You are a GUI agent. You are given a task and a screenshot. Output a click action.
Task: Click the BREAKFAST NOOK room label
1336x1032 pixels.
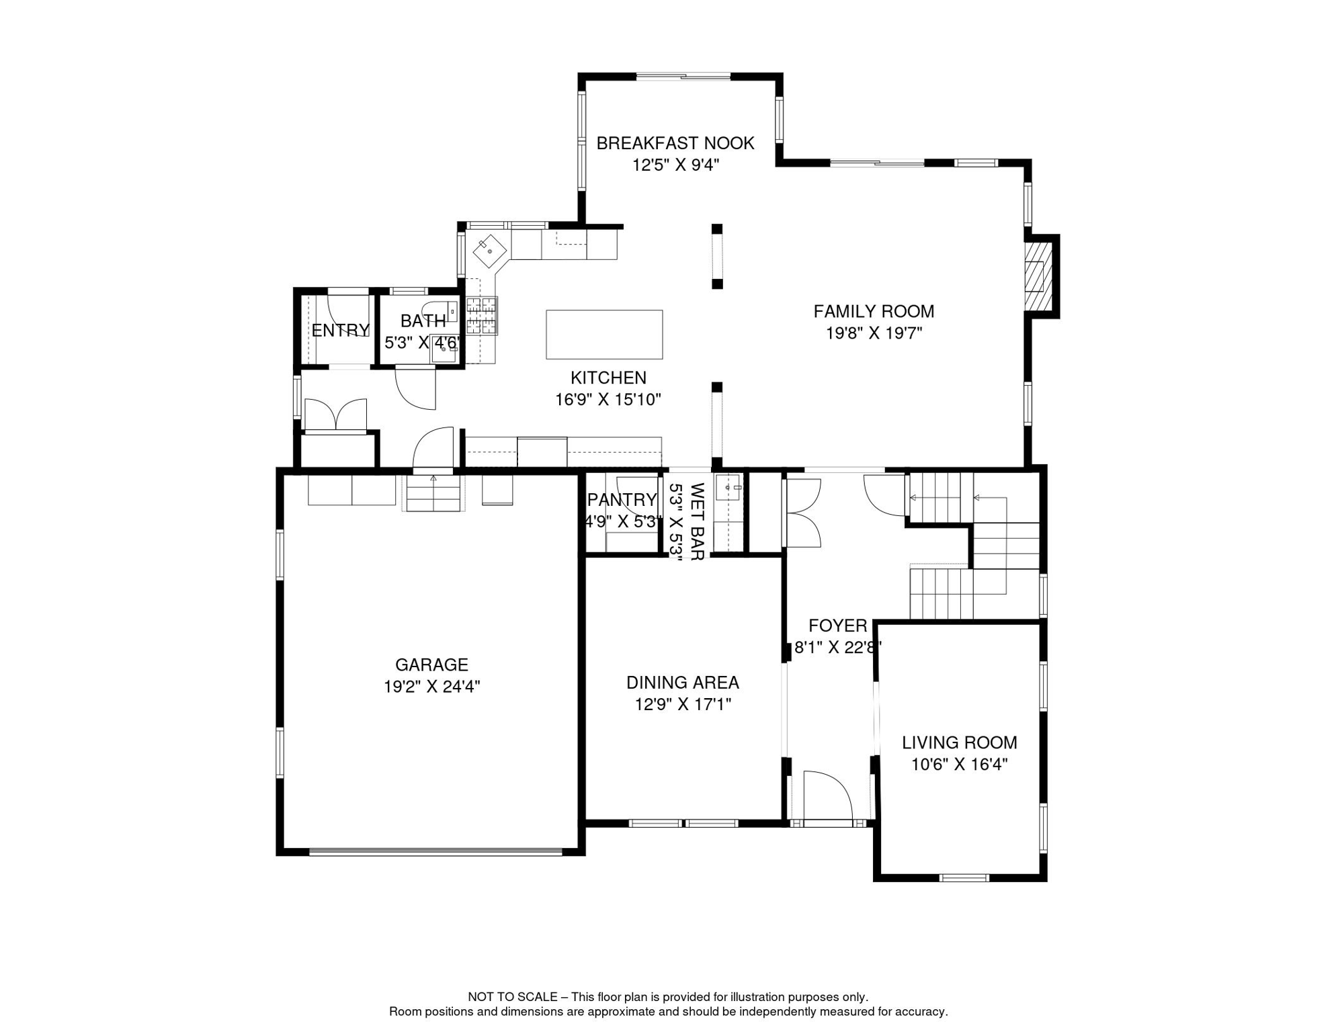click(675, 143)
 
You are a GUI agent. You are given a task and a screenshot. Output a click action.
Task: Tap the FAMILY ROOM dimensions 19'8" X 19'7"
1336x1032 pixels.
click(874, 333)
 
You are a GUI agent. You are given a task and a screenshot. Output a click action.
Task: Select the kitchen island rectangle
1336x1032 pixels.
click(604, 335)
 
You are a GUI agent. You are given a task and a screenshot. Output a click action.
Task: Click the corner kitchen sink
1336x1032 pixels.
click(490, 251)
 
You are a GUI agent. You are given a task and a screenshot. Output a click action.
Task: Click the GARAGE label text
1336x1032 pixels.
click(431, 665)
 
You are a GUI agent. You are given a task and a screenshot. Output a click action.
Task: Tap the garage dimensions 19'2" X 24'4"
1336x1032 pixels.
click(431, 687)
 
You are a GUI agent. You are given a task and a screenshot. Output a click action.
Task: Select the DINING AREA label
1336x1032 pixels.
click(683, 683)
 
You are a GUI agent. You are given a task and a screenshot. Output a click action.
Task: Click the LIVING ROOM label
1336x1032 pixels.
click(960, 742)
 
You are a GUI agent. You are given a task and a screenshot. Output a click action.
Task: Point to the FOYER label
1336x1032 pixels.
click(838, 626)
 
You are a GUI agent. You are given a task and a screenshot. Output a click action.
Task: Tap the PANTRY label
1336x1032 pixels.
click(622, 500)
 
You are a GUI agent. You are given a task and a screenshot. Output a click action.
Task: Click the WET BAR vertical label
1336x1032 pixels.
click(697, 521)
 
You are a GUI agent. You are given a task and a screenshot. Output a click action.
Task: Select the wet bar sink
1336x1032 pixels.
click(728, 487)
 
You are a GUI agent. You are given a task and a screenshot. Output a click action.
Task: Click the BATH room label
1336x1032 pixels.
click(423, 321)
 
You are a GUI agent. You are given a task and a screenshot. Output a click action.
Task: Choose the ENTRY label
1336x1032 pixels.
click(341, 331)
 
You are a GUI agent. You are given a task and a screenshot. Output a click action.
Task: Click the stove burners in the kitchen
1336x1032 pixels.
click(482, 316)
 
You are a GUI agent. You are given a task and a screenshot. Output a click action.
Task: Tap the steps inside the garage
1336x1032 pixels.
click(433, 492)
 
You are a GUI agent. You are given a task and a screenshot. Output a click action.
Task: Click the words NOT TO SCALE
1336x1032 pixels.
click(513, 997)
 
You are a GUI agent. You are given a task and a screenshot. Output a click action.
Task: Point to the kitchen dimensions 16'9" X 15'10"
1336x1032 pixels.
click(608, 400)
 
